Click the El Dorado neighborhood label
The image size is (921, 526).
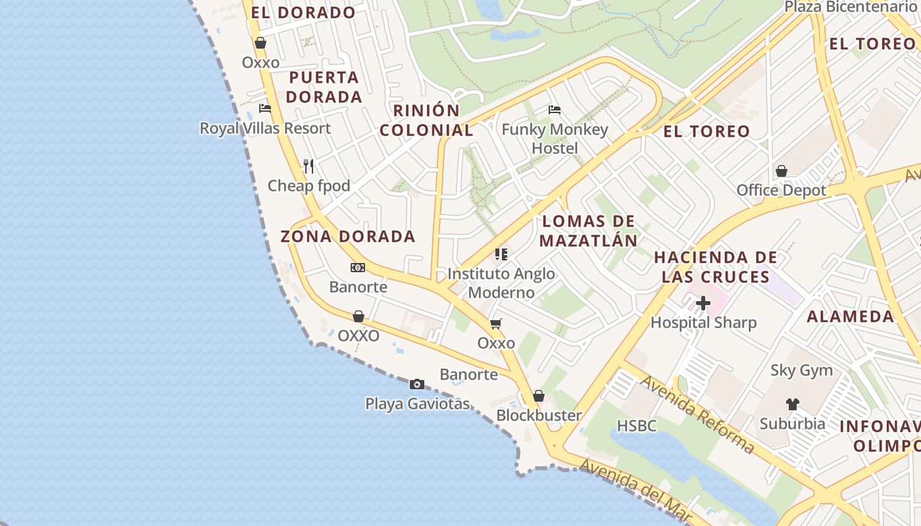coord(303,12)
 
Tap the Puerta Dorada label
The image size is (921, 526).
coord(324,87)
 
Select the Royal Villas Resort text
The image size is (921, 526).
coord(265,128)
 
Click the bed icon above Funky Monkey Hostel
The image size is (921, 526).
coord(555,109)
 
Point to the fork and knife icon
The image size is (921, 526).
coord(309,166)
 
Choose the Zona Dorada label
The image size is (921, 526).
coord(348,236)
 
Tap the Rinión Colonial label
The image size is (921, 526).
coord(426,120)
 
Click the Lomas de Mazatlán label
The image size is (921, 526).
coord(589,231)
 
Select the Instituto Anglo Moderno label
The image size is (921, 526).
coord(501,283)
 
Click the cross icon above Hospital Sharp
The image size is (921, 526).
coord(703,303)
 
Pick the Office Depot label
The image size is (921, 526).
coord(782,191)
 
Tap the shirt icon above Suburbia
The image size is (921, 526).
coord(792,404)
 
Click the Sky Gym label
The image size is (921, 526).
coord(801,371)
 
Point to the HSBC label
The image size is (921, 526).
coord(637,426)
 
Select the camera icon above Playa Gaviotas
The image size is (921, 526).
coord(417,385)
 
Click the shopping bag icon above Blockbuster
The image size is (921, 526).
coord(539,396)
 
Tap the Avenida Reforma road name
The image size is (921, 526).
coord(697,414)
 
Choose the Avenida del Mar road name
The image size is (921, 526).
coord(634,490)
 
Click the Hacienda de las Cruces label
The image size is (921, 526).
coord(716,267)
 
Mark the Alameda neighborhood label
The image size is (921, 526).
coord(850,316)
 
